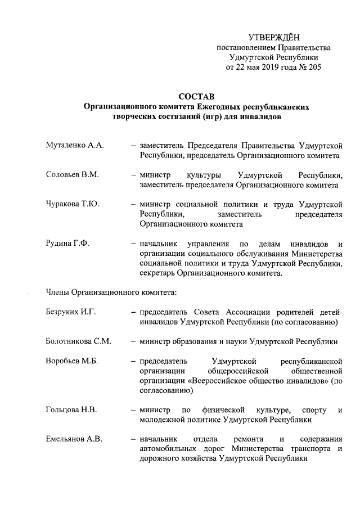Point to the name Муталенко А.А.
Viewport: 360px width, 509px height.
tap(74, 145)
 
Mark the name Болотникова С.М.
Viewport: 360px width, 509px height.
tap(78, 341)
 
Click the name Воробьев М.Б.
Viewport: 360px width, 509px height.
tap(72, 361)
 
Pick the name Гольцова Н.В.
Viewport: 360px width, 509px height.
tap(71, 410)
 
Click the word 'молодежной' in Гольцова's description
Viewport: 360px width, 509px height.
tap(162, 420)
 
